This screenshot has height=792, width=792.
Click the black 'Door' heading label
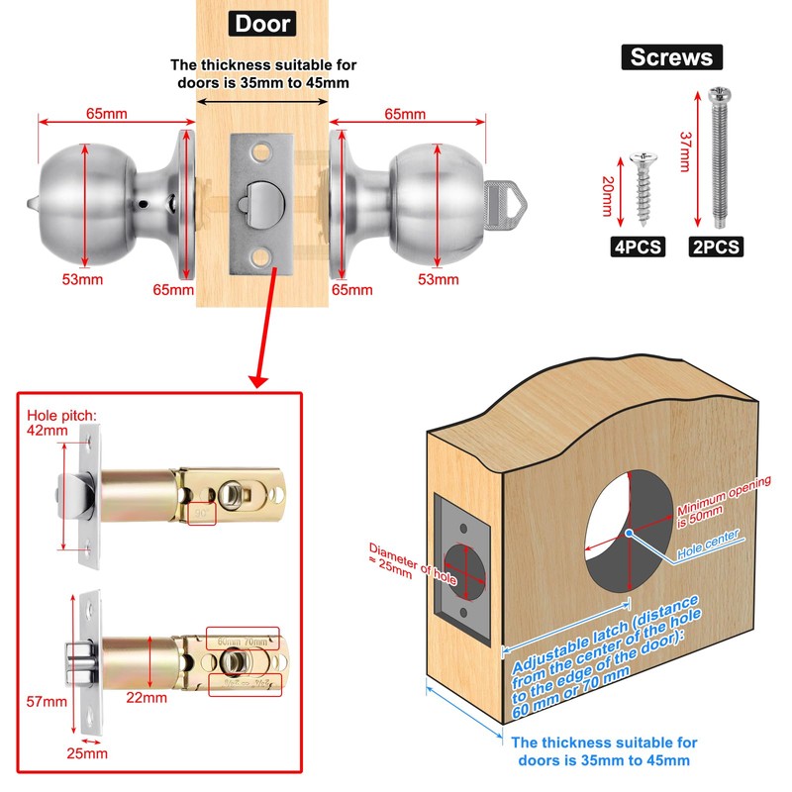(x=262, y=23)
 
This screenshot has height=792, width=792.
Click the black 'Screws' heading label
(x=671, y=56)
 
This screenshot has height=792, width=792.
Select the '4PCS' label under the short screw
(x=638, y=247)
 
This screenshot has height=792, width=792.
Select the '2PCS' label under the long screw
(x=716, y=247)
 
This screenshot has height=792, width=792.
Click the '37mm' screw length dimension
(x=683, y=149)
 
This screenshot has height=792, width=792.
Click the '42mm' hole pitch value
(x=43, y=432)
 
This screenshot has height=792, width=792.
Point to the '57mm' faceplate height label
(x=47, y=702)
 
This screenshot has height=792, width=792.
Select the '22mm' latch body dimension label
(x=148, y=698)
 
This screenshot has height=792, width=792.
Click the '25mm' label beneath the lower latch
(x=87, y=753)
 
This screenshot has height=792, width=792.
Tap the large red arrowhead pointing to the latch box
(x=258, y=378)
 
